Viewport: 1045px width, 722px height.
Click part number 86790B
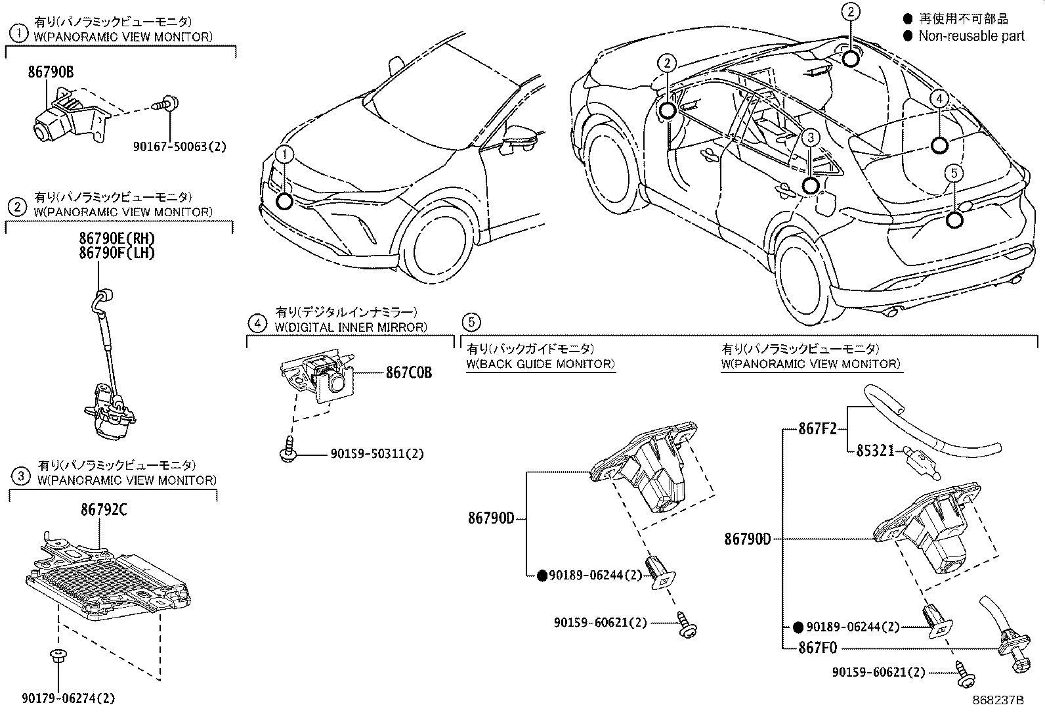(x=51, y=73)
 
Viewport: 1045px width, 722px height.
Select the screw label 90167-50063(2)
(x=179, y=147)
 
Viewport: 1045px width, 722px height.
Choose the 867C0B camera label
(x=409, y=372)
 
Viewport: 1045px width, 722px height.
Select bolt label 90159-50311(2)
(x=377, y=454)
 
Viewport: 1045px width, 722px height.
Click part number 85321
(x=875, y=451)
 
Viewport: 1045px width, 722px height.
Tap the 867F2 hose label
(x=817, y=428)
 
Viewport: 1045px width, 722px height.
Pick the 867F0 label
(x=818, y=648)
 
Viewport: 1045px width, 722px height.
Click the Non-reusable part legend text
(x=971, y=36)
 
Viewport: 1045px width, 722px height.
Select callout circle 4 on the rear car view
(x=939, y=99)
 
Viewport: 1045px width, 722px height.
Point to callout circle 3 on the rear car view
(x=811, y=137)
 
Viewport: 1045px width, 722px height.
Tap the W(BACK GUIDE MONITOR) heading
(x=540, y=364)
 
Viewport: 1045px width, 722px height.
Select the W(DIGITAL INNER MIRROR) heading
(x=351, y=327)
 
